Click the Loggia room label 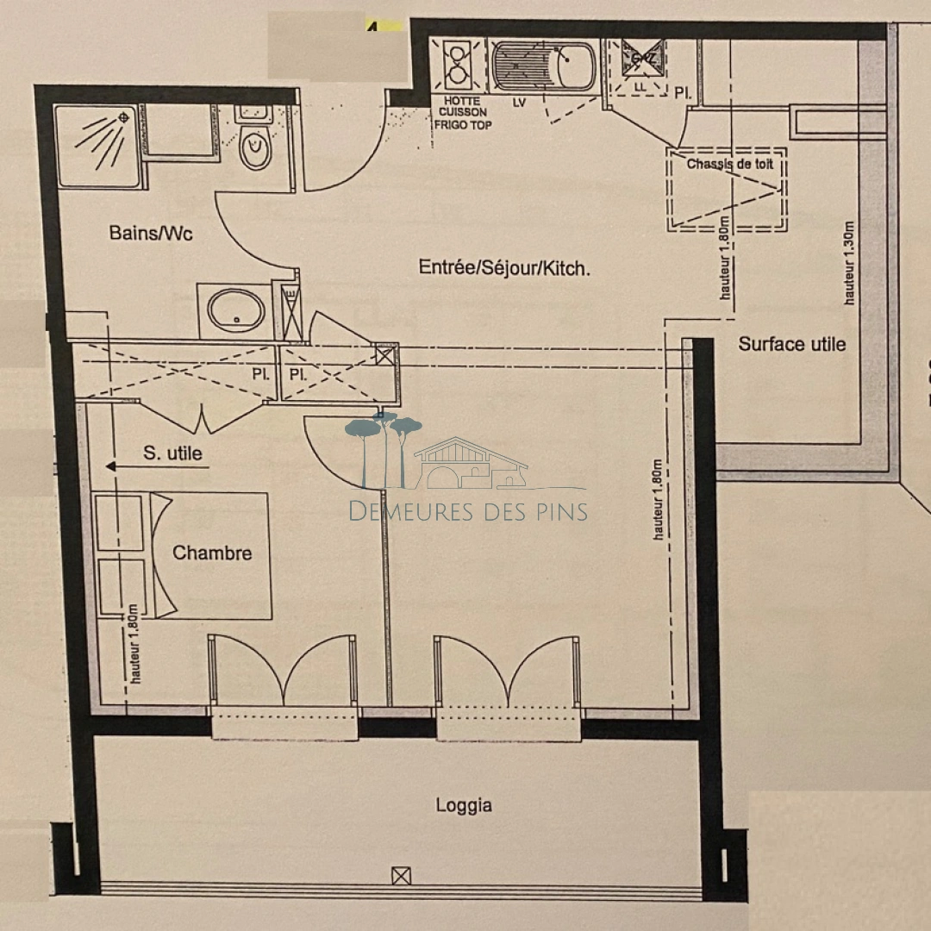pos(464,806)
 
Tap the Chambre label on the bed pos(212,553)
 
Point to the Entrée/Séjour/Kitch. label pos(504,268)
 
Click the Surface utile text pos(791,345)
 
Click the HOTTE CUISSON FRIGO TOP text pos(463,112)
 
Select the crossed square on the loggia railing pos(401,876)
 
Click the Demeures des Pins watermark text pos(468,511)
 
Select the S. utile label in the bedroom pos(173,453)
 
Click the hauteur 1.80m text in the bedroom pos(137,642)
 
